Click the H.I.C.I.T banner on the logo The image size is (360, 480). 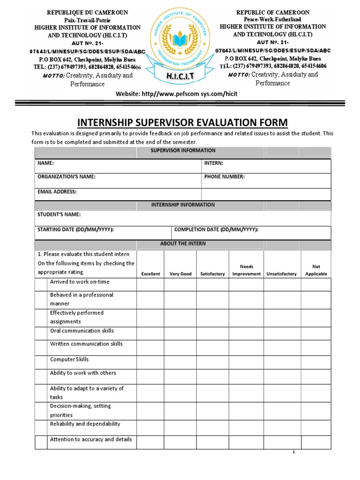[180, 76]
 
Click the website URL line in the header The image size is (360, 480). [177, 94]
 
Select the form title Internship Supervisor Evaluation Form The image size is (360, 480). [182, 123]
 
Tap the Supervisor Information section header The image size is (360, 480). [183, 150]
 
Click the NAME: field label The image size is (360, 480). [45, 163]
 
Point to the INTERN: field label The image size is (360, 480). [214, 163]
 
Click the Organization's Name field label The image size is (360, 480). [66, 177]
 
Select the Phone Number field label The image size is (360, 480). [224, 177]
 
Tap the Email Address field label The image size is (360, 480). [57, 192]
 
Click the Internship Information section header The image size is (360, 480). [183, 205]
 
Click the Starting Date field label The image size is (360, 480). [75, 229]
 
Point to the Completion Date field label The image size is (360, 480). [216, 229]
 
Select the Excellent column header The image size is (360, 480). [150, 274]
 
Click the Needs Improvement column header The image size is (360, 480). [247, 270]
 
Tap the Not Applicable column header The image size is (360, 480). [316, 270]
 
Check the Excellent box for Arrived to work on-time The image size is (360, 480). [150, 285]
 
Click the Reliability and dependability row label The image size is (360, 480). [85, 424]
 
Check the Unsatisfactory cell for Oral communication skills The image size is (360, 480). [282, 333]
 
